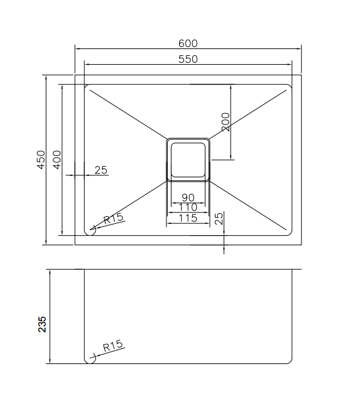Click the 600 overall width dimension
pyautogui.click(x=188, y=43)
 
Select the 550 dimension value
pyautogui.click(x=188, y=59)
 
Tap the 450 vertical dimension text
pyautogui.click(x=41, y=160)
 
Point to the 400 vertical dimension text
pyautogui.click(x=57, y=160)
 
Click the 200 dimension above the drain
pyautogui.click(x=226, y=121)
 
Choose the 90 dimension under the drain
pyautogui.click(x=188, y=198)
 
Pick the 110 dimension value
pyautogui.click(x=188, y=207)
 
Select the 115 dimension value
pyautogui.click(x=188, y=218)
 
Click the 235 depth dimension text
pyautogui.click(x=42, y=324)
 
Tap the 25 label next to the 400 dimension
pyautogui.click(x=101, y=170)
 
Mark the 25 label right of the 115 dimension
pyautogui.click(x=219, y=219)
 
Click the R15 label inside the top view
pyautogui.click(x=114, y=219)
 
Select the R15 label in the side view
pyautogui.click(x=114, y=346)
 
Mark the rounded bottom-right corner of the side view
pyautogui.click(x=290, y=361)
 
